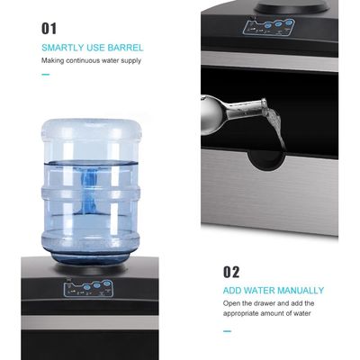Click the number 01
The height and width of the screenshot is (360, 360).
point(49,29)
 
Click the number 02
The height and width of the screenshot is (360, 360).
point(231,272)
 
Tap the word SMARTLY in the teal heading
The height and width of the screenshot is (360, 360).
point(63,48)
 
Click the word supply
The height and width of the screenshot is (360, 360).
point(130,61)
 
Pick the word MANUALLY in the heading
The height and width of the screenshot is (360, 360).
point(301,291)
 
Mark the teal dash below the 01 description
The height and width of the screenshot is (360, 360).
point(45,75)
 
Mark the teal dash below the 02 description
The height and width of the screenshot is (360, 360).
point(227,331)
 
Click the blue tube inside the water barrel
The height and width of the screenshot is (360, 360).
point(89,189)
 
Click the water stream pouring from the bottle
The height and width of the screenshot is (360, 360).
point(275,129)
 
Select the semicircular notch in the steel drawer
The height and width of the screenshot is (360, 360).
point(266,160)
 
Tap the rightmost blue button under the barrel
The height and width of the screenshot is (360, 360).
point(106,283)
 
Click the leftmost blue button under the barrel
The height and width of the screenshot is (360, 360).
point(87,287)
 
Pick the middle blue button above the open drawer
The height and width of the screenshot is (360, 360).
point(279,25)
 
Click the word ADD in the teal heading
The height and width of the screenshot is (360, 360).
point(232,291)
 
